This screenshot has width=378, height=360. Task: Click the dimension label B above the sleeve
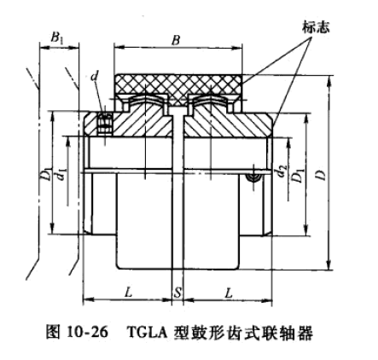tap(176, 40)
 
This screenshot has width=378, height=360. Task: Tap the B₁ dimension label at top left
tap(58, 38)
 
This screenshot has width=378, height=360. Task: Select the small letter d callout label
tap(95, 76)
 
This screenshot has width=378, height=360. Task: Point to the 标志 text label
tap(316, 27)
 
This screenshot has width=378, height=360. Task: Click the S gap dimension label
tap(177, 292)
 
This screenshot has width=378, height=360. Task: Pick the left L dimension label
tap(129, 292)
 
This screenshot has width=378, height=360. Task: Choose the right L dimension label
tap(229, 293)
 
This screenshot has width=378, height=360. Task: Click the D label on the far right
tap(321, 175)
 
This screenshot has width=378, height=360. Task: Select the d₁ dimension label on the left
tap(61, 174)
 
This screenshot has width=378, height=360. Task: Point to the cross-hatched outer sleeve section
tap(178, 85)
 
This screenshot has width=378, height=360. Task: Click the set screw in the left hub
tap(105, 123)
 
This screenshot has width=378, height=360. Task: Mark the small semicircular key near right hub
tap(253, 177)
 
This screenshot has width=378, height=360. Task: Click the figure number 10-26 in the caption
tap(88, 332)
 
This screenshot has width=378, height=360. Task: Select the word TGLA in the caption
tap(147, 332)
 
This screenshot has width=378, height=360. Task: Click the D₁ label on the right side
tap(299, 176)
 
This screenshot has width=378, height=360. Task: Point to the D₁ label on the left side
tap(49, 174)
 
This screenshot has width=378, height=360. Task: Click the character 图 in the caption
tap(53, 332)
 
